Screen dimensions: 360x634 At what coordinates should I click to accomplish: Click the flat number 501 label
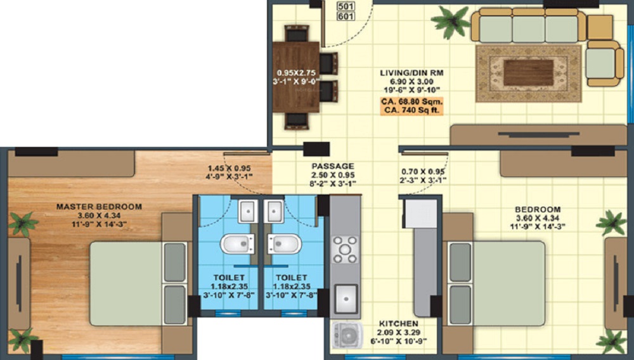[x=346, y=7]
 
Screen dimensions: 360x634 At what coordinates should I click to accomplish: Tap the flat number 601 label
[x=346, y=17]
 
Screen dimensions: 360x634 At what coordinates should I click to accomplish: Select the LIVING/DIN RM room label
[x=411, y=73]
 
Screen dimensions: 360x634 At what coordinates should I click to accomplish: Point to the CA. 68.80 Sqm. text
[x=411, y=101]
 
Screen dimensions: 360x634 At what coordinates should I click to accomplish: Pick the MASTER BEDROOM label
[x=99, y=207]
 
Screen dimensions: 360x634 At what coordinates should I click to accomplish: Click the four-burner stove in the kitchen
[x=346, y=249]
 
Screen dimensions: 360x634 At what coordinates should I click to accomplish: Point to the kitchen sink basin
[x=346, y=297]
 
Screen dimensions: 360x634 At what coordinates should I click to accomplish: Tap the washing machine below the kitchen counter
[x=345, y=336]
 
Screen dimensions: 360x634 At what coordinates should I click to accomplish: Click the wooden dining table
[x=297, y=76]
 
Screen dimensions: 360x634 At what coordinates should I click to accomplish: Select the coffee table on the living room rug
[x=528, y=72]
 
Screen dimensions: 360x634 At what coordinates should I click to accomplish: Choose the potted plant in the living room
[x=451, y=23]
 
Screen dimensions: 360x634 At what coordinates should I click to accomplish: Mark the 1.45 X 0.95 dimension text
[x=229, y=169]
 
